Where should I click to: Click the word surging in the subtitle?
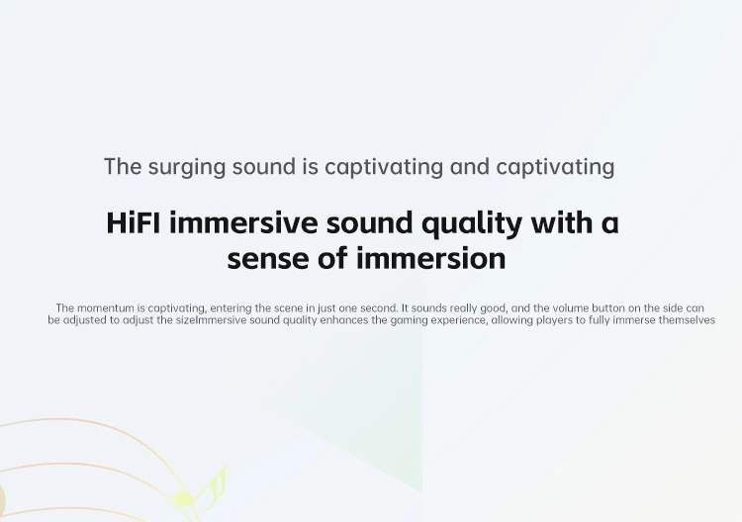coord(186,168)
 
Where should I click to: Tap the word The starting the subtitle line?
coord(123,166)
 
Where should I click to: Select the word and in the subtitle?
coord(469,166)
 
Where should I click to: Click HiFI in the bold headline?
coord(134,222)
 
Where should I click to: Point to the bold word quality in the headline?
coord(472,224)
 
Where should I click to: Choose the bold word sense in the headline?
coord(268,259)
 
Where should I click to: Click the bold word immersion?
coord(431,258)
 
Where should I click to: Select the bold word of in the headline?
coord(332,258)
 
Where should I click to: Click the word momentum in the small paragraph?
coord(106,308)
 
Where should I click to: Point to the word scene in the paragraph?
coord(288,308)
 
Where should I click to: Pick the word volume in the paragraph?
coord(571,308)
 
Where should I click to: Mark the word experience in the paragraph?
coord(459,321)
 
